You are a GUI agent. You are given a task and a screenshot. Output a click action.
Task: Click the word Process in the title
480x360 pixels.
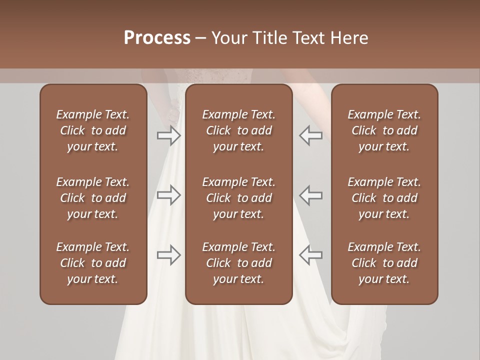pyautogui.click(x=157, y=38)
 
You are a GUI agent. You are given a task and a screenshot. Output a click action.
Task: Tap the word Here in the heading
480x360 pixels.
pyautogui.click(x=349, y=38)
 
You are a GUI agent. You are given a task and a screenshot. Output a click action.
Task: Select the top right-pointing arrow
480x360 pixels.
pyautogui.click(x=169, y=135)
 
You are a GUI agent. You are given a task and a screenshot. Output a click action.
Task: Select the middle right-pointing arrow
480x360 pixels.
pyautogui.click(x=169, y=195)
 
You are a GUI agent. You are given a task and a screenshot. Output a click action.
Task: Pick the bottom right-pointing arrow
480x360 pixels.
pyautogui.click(x=169, y=255)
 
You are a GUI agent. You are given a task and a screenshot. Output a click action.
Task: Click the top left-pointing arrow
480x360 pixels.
pyautogui.click(x=310, y=135)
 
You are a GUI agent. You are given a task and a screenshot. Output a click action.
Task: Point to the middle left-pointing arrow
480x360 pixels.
pyautogui.click(x=310, y=195)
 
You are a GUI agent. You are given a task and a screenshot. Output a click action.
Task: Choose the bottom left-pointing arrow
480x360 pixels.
pyautogui.click(x=310, y=255)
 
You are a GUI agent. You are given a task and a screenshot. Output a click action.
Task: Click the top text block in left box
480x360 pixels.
pyautogui.click(x=93, y=130)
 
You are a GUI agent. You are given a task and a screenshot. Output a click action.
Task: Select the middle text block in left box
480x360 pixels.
pyautogui.click(x=93, y=198)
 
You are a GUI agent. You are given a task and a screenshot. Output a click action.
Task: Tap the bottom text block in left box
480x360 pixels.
pyautogui.click(x=93, y=263)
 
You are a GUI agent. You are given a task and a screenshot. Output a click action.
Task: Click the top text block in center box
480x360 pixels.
pyautogui.click(x=239, y=130)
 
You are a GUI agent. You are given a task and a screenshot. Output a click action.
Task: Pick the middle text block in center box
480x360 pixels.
pyautogui.click(x=239, y=198)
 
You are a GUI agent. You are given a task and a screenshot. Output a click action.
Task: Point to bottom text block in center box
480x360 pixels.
pyautogui.click(x=239, y=263)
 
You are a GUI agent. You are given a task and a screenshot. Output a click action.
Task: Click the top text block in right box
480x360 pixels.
pyautogui.click(x=384, y=130)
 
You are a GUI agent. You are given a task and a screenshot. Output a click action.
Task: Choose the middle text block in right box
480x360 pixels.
pyautogui.click(x=384, y=198)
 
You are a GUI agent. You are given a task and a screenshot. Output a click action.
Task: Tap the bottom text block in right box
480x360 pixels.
pyautogui.click(x=384, y=263)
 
